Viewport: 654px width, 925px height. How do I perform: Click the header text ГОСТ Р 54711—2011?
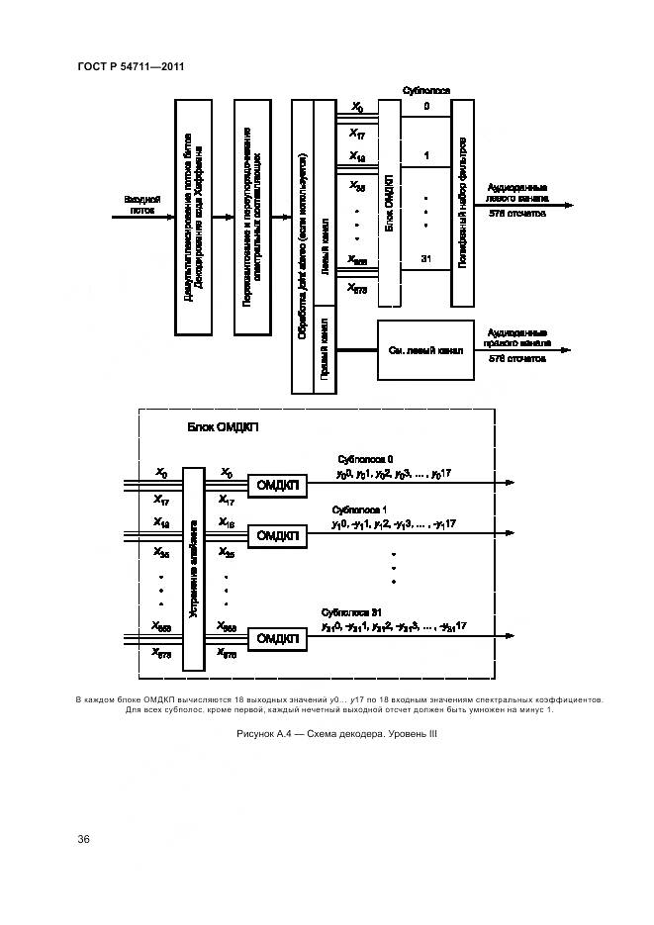(x=132, y=67)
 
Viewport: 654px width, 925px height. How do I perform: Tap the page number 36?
(x=84, y=839)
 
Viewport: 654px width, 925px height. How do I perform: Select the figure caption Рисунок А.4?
(x=336, y=733)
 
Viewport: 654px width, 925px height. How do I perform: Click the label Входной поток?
(x=141, y=204)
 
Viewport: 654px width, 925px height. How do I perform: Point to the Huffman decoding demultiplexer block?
(x=194, y=216)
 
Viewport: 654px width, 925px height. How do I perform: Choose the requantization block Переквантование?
(x=252, y=216)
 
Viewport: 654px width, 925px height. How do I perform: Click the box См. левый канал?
(x=420, y=349)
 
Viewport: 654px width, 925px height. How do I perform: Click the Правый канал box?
(x=324, y=349)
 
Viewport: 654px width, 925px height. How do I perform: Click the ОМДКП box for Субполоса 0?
(x=278, y=484)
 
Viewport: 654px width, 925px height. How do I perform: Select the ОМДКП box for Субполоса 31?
(x=278, y=639)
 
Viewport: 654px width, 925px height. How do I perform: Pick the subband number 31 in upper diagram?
(x=425, y=259)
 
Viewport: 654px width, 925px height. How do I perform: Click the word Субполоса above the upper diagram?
(x=426, y=90)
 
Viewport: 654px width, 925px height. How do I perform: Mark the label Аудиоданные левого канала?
(x=517, y=191)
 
